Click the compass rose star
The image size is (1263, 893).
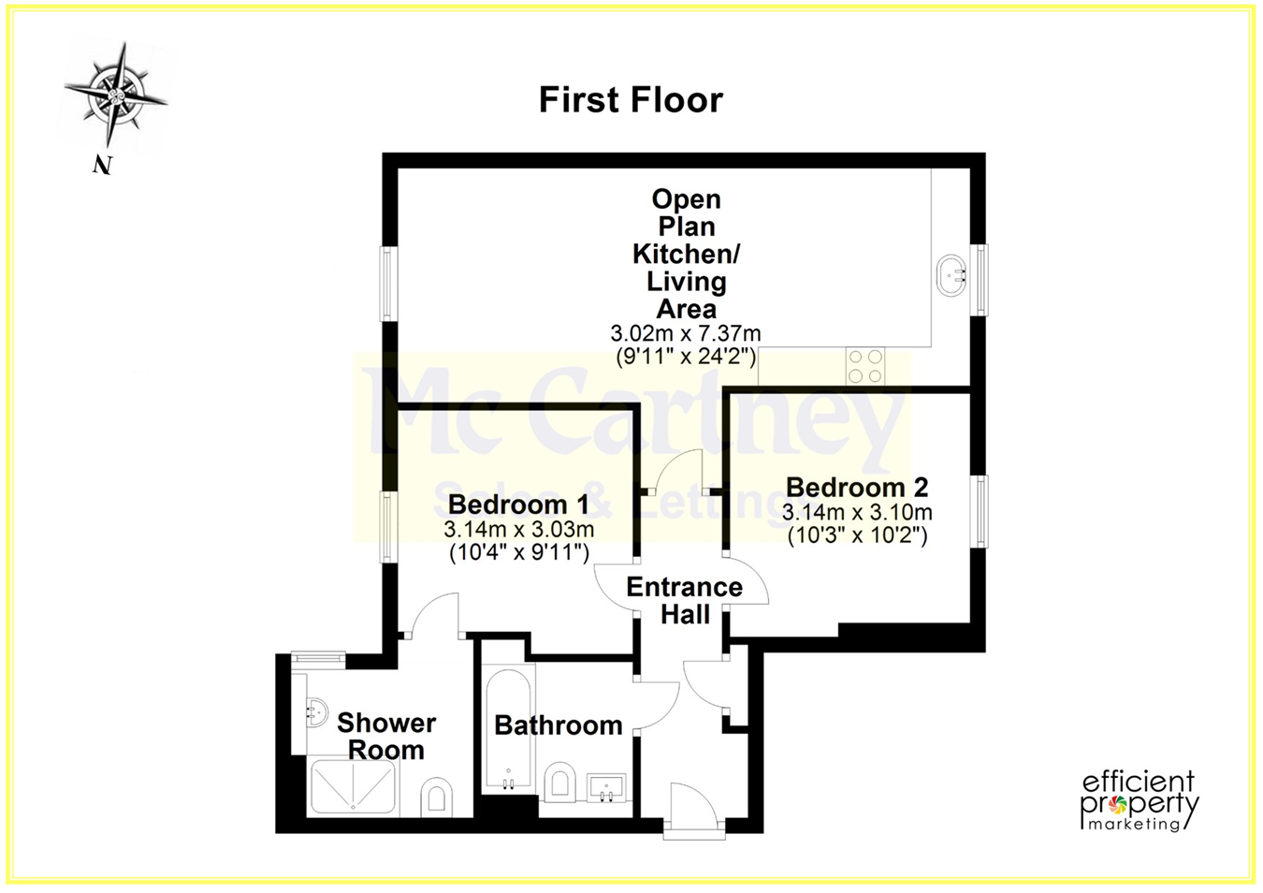pyautogui.click(x=116, y=94)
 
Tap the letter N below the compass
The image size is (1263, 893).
pyautogui.click(x=102, y=166)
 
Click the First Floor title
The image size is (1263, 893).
pyautogui.click(x=631, y=100)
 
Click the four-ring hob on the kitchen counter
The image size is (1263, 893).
pyautogui.click(x=865, y=366)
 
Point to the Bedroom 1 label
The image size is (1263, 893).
pyautogui.click(x=518, y=505)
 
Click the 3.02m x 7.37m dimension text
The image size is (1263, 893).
pyautogui.click(x=686, y=333)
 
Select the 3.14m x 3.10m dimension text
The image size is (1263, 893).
pyautogui.click(x=857, y=512)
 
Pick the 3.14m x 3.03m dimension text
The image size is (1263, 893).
pyautogui.click(x=518, y=529)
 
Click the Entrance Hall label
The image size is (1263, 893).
pyautogui.click(x=685, y=601)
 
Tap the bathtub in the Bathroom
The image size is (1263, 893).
pyautogui.click(x=508, y=728)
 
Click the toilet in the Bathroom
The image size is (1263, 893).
pyautogui.click(x=559, y=782)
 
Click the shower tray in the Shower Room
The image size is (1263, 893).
pyautogui.click(x=354, y=787)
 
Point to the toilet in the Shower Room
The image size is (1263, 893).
pyautogui.click(x=436, y=798)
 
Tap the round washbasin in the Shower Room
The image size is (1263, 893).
pyautogui.click(x=317, y=713)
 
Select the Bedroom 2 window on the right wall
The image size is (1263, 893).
pyautogui.click(x=981, y=512)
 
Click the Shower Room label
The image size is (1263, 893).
pyautogui.click(x=386, y=736)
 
